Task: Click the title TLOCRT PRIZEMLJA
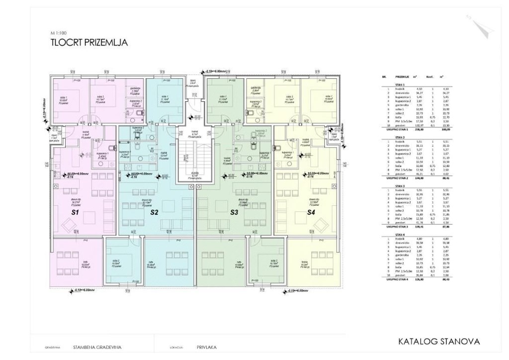point(89,43)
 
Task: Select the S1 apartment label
point(62,212)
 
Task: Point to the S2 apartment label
point(140,212)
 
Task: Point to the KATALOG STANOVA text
point(439,342)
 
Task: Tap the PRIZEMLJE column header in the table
point(403,78)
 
